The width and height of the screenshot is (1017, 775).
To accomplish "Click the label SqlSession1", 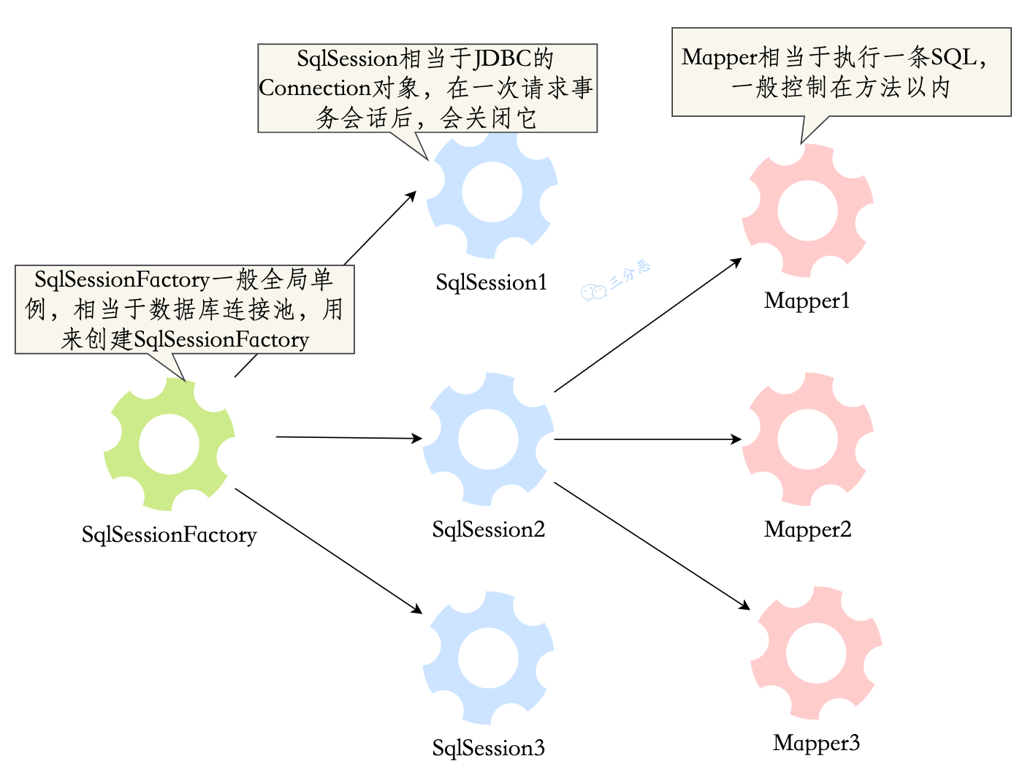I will [491, 282].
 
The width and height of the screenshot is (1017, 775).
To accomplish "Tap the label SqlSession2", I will [488, 529].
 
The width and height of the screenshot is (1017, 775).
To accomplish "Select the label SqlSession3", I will [488, 747].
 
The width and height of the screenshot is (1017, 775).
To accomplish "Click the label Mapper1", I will [807, 300].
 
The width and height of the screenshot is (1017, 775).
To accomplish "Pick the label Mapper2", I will [807, 529].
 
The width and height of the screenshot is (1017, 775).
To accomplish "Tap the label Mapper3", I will [816, 743].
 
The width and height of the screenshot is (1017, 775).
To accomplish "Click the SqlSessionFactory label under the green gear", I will [169, 534].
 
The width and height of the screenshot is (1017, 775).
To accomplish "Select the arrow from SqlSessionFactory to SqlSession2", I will [348, 438].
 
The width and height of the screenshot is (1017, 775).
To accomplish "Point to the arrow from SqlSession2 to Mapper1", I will [647, 325].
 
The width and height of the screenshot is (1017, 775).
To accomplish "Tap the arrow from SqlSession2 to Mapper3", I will [652, 545].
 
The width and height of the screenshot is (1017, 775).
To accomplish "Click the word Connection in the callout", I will [315, 88].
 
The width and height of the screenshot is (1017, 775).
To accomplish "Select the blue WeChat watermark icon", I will [593, 292].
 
